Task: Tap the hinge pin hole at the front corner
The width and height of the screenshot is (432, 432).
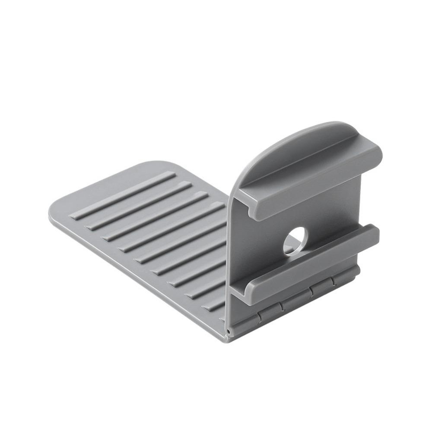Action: click(228, 332)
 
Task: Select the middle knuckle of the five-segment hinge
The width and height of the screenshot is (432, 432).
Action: click(296, 299)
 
